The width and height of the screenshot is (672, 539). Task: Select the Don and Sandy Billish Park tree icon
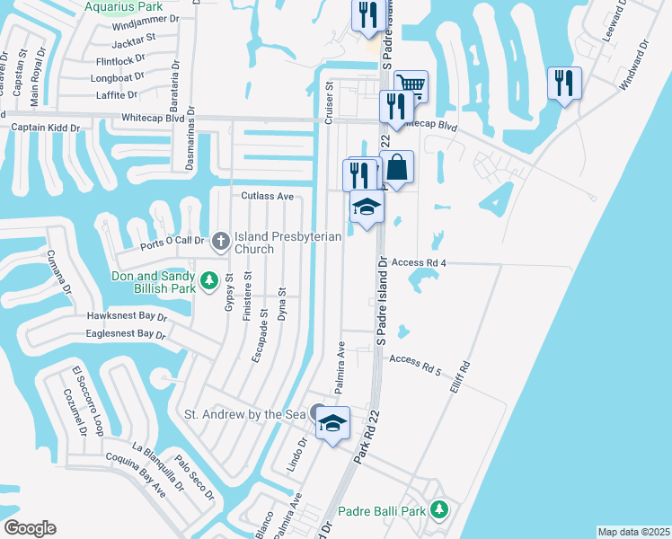[x=209, y=281]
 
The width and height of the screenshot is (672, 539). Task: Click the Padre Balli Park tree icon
[x=438, y=510]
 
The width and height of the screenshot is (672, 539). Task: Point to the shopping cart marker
[x=411, y=86]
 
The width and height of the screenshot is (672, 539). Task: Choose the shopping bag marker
[x=397, y=167]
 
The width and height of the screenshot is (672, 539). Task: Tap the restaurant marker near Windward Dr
[x=564, y=84]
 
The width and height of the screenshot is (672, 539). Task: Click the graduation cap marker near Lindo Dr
[x=332, y=423]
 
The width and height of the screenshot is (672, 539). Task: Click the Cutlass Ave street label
[x=267, y=196]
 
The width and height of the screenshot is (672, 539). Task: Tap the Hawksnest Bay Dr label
[x=128, y=316]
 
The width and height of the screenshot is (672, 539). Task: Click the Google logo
[x=31, y=528]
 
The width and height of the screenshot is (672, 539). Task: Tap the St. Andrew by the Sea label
[x=245, y=414]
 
